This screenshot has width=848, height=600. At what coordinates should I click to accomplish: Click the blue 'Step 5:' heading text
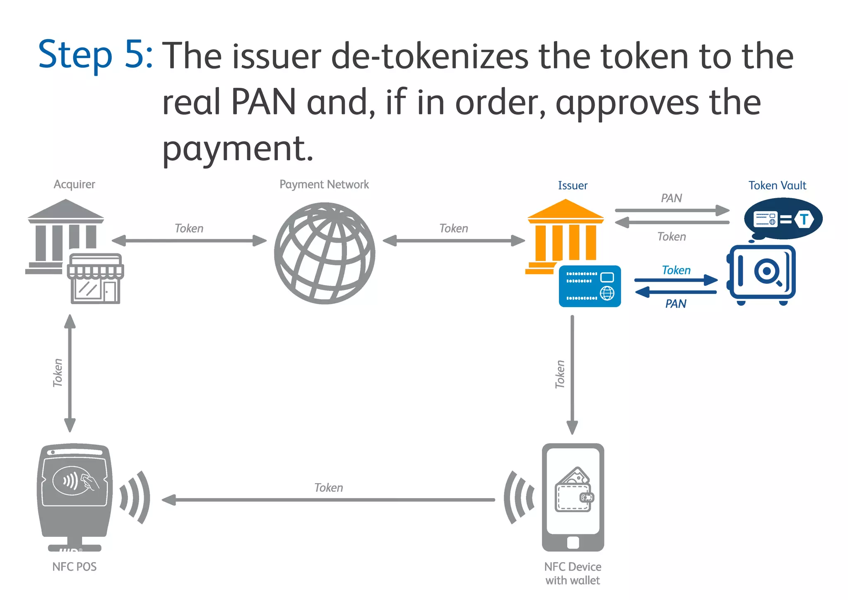click(96, 55)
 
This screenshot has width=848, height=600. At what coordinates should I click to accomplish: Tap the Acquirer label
click(74, 184)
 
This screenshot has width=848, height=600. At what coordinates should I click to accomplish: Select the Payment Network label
click(324, 184)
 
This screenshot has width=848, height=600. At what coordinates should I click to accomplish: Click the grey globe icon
click(325, 253)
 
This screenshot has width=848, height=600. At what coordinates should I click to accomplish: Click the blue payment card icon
click(590, 286)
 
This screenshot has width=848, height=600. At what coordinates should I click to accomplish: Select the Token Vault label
click(777, 185)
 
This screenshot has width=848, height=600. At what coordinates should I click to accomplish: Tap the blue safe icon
click(761, 273)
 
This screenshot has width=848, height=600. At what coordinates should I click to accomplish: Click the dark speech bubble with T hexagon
click(783, 219)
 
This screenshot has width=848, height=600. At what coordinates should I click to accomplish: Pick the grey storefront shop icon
click(96, 279)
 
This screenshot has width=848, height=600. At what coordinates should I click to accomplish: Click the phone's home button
click(573, 542)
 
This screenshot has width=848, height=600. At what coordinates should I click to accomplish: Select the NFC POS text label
click(74, 566)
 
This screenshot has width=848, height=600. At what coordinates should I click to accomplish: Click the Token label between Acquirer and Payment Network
click(189, 228)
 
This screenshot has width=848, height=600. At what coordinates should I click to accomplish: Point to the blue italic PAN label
click(675, 304)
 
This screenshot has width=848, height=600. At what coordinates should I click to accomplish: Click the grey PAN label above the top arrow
click(671, 198)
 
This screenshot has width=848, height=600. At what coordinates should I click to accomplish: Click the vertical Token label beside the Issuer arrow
click(560, 374)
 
